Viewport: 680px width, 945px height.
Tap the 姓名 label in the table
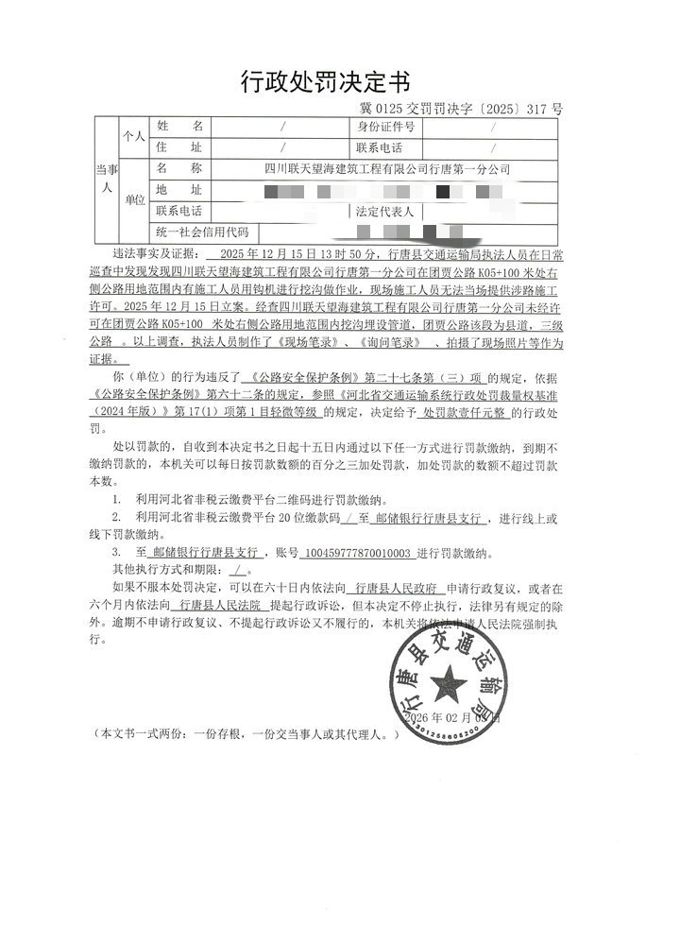(x=179, y=126)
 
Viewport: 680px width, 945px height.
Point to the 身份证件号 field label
(x=386, y=126)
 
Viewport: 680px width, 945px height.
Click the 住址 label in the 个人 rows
(x=179, y=147)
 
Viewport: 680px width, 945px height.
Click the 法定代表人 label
(x=385, y=211)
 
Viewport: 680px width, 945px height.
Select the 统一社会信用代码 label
(x=203, y=232)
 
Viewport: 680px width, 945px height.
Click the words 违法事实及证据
(x=157, y=254)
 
